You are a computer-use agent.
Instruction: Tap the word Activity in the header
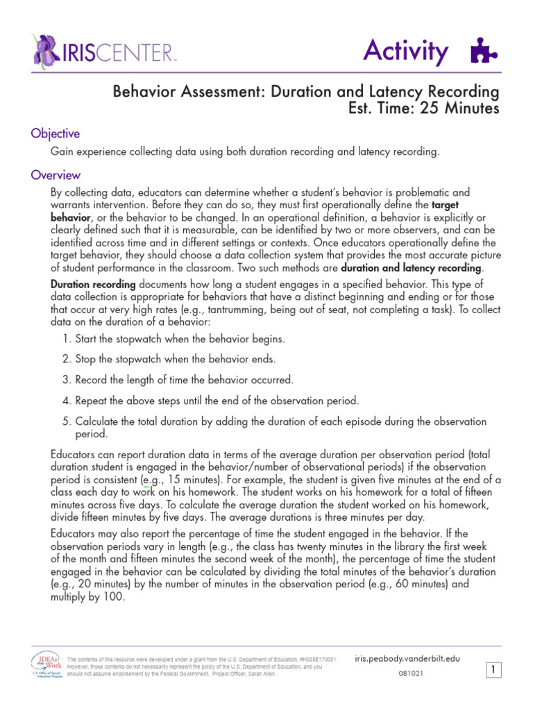[x=406, y=51]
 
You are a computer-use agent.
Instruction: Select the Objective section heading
[x=55, y=133]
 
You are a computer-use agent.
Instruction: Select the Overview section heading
[x=56, y=175]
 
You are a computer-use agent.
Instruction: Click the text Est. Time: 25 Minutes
[x=423, y=109]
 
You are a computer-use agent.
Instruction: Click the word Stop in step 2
[x=87, y=360]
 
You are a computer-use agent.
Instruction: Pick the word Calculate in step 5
[x=99, y=421]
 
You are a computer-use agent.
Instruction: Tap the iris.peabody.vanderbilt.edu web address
[x=407, y=658]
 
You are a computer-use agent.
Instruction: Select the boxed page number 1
[x=493, y=670]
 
